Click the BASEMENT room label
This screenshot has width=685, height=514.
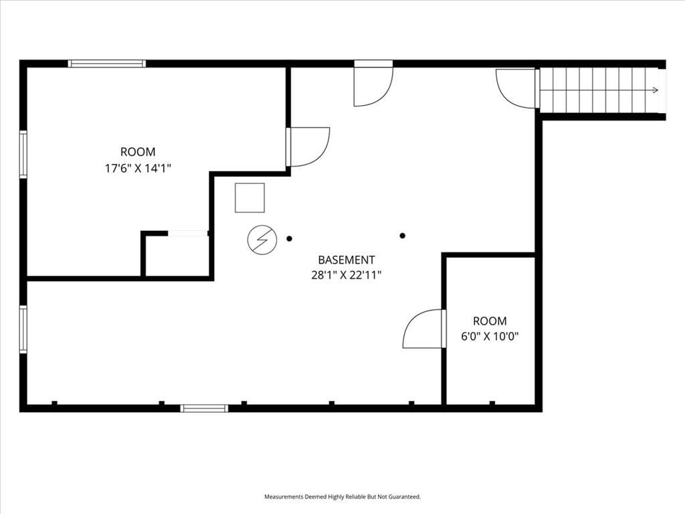click(x=346, y=260)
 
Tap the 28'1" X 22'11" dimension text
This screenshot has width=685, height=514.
click(x=347, y=275)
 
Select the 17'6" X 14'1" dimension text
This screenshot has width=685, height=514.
click(x=138, y=168)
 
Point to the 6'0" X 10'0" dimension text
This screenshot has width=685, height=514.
click(x=490, y=337)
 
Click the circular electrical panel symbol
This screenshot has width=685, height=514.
click(x=262, y=240)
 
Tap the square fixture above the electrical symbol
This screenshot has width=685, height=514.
click(x=250, y=197)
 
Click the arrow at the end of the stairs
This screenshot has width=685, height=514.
click(x=656, y=90)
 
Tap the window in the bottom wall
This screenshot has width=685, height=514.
click(x=204, y=408)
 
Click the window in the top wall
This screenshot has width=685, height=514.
click(x=106, y=64)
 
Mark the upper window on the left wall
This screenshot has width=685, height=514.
click(x=23, y=155)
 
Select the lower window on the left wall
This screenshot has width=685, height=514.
click(x=23, y=329)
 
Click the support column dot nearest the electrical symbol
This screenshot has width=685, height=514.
click(x=289, y=239)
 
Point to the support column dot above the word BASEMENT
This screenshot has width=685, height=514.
click(x=402, y=236)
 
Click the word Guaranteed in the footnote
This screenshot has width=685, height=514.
click(x=405, y=497)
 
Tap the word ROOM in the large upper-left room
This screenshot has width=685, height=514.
click(x=138, y=152)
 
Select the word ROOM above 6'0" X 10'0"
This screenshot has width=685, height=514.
click(x=490, y=321)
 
